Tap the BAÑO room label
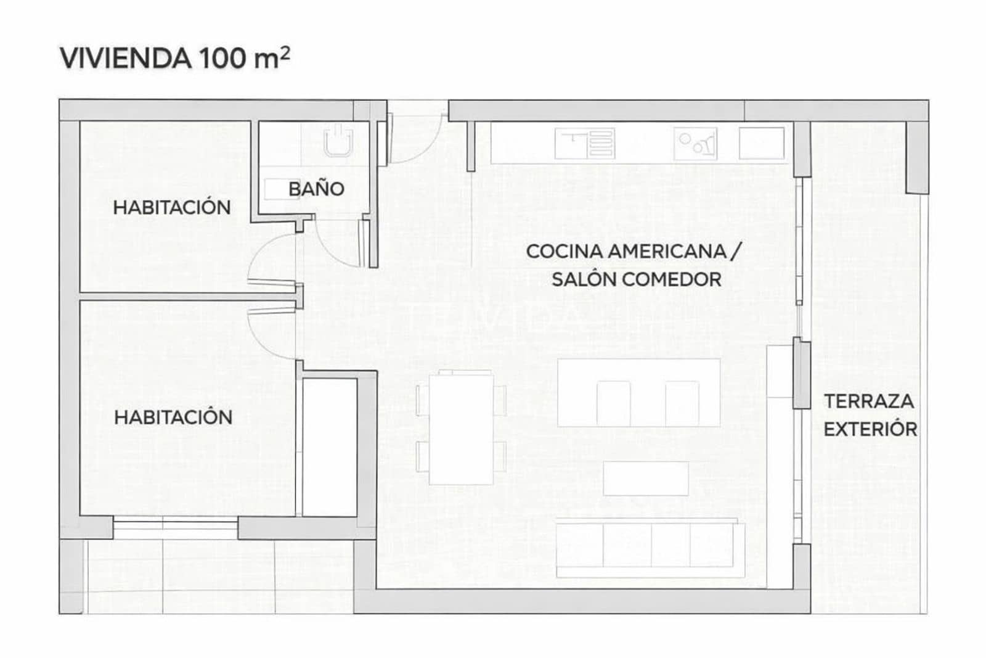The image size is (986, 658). pos(316,189)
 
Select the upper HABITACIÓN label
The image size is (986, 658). pos(172,207)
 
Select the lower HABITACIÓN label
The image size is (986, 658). pos(173,417)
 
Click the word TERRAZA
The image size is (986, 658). pos(869,401)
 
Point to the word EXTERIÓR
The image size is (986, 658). pos(870,429)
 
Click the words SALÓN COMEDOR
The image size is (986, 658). pos(636,279)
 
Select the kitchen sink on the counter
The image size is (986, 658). pos(584,143)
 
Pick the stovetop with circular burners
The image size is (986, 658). pos(695,143)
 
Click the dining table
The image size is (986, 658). pos(461,428)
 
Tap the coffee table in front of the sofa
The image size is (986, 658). pos(645,478)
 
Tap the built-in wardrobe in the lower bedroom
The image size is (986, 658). pos(330,447)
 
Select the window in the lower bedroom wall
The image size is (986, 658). pos(176,528)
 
